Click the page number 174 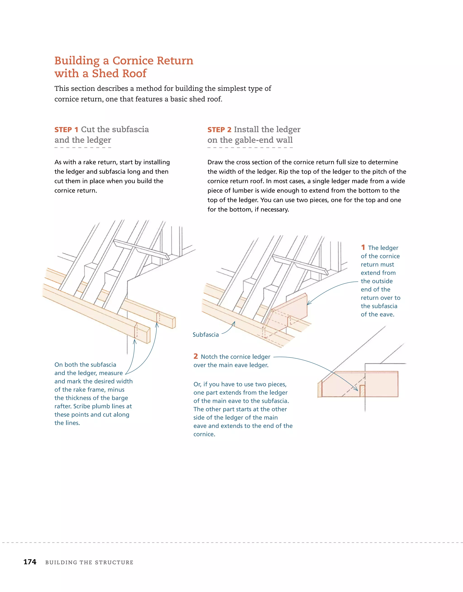coord(30,562)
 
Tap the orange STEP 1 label coord(66,130)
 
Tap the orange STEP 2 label coord(219,130)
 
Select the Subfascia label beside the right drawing coord(206,335)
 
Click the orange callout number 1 coord(363,247)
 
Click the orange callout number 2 coord(196,356)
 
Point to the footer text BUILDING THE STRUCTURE coord(89,562)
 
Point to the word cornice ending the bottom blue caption coord(204,434)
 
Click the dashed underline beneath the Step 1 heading coord(83,148)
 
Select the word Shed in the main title coord(106,73)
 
